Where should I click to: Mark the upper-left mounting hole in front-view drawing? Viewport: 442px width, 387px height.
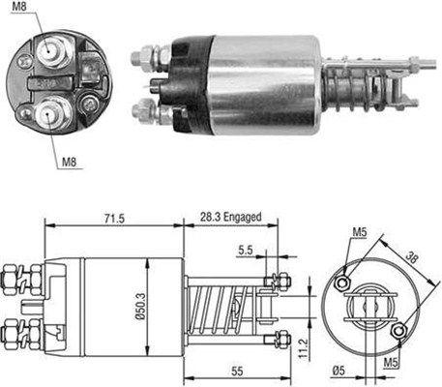[x=343, y=282]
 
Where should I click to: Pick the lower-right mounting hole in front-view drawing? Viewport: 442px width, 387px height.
[x=400, y=334]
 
